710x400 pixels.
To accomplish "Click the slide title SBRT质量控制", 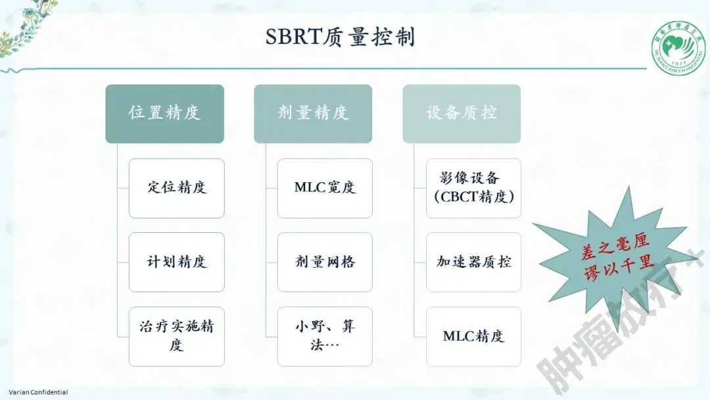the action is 340,37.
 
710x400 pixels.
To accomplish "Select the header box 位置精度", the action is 164,113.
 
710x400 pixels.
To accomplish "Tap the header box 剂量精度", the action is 313,113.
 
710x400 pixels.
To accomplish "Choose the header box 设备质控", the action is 461,113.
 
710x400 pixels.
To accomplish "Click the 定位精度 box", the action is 176,187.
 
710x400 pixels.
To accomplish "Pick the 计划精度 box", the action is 176,262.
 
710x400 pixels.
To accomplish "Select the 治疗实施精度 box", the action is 176,336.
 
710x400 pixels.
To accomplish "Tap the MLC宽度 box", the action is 325,187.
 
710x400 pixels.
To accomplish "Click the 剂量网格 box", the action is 325,262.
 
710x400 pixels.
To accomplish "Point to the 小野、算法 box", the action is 325,336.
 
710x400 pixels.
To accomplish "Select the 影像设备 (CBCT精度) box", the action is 473,187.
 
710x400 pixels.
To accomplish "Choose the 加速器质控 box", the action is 473,262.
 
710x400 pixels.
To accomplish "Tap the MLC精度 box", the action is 473,336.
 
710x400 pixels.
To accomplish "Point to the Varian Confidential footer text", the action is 38,392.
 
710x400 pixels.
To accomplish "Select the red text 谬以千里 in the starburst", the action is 619,268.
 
